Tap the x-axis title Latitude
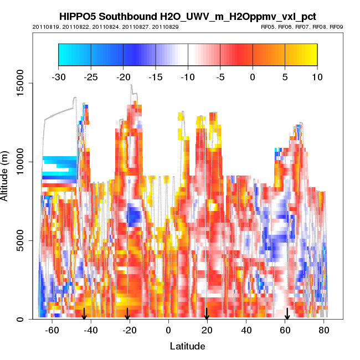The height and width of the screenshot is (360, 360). [187, 346]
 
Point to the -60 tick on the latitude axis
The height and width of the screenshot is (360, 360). [52, 330]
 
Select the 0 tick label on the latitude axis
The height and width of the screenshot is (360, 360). [168, 330]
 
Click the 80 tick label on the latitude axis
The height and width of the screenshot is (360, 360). [324, 330]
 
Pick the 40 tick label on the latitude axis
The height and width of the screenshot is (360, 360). [246, 330]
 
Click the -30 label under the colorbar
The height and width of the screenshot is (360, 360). [58, 77]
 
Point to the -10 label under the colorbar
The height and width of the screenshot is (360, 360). [188, 77]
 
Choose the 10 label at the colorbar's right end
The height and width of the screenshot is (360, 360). [317, 77]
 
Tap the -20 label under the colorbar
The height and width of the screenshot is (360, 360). [123, 77]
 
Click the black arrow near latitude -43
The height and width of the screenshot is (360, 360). [84, 314]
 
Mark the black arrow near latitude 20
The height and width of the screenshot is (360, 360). [207, 314]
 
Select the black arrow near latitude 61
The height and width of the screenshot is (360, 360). [287, 314]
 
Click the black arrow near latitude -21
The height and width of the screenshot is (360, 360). [127, 314]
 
